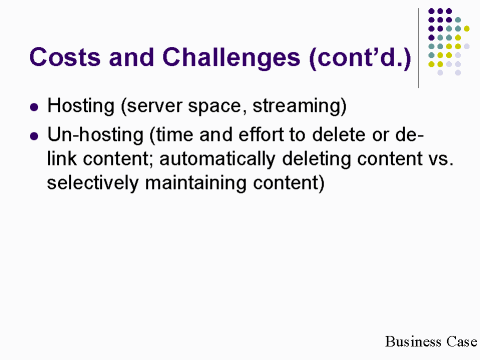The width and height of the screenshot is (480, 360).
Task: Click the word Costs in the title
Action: [x=63, y=56]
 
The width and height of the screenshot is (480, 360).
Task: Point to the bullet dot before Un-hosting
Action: [x=36, y=134]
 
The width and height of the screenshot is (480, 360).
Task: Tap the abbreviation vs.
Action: [x=432, y=159]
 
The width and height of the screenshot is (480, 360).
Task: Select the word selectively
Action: [x=92, y=185]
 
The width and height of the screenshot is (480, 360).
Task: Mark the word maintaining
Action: [x=204, y=185]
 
